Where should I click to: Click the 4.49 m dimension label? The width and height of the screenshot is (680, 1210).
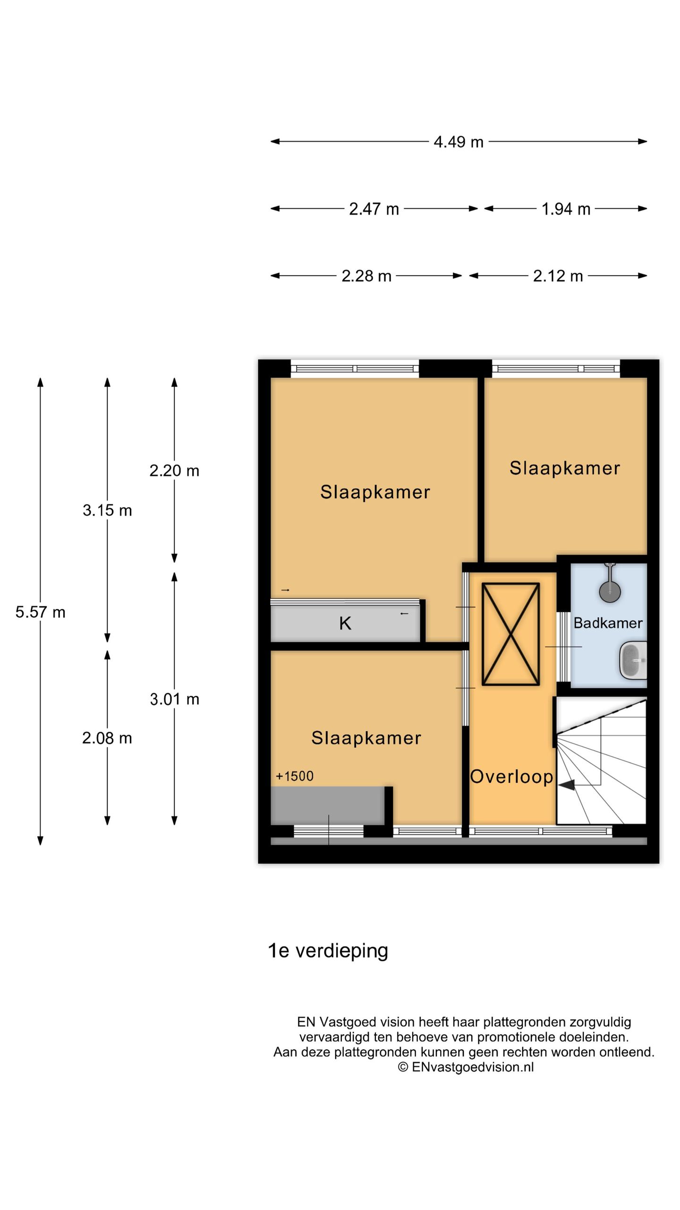(x=459, y=142)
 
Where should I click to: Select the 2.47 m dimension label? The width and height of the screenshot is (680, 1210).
(x=374, y=209)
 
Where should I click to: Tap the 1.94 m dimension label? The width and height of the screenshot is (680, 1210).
(x=566, y=209)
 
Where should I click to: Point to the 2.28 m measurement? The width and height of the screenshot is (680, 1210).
(x=366, y=276)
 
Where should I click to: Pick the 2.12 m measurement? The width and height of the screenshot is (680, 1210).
(x=558, y=276)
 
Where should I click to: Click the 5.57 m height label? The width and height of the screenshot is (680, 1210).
(x=40, y=613)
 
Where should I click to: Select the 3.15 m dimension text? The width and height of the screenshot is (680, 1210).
(x=107, y=510)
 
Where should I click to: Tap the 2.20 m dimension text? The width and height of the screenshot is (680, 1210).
(x=174, y=471)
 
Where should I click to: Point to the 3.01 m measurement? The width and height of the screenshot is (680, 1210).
(x=174, y=700)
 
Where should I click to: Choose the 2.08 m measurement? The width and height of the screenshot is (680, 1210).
(x=107, y=738)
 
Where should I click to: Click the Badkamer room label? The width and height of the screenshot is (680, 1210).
(x=608, y=623)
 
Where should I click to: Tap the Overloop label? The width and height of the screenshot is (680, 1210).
(x=511, y=777)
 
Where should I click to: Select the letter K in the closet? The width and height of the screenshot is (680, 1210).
(x=345, y=624)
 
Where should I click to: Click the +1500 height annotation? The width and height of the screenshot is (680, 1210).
(x=295, y=776)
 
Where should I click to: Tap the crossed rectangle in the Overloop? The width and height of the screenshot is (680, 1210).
(x=510, y=634)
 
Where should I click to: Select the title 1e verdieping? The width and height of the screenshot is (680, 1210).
(x=328, y=951)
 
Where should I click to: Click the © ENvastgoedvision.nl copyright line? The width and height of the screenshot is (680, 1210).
(x=466, y=1067)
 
